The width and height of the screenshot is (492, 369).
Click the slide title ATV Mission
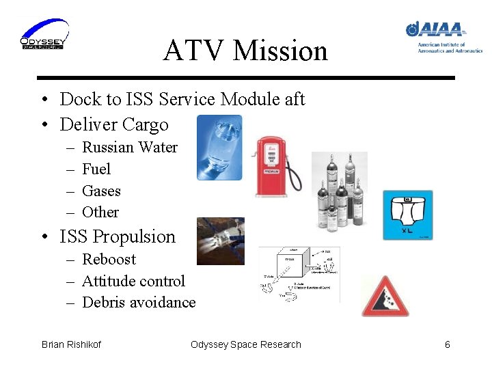click(x=245, y=51)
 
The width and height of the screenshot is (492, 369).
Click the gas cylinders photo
click(x=339, y=191)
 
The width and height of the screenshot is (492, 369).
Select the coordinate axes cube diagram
click(x=299, y=274)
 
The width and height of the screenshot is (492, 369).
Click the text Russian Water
click(x=129, y=148)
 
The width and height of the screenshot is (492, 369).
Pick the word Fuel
click(x=96, y=169)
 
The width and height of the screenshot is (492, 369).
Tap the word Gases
click(x=101, y=191)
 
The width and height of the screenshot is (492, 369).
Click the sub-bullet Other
click(x=100, y=213)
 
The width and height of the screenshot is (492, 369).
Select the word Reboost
click(x=109, y=260)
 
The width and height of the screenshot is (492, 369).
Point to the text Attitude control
click(x=133, y=282)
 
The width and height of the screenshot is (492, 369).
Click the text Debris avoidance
click(x=139, y=303)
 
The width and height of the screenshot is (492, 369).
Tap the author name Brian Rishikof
click(x=71, y=344)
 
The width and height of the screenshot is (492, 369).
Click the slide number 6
click(x=447, y=344)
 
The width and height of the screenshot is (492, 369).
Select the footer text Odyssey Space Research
click(x=245, y=344)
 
